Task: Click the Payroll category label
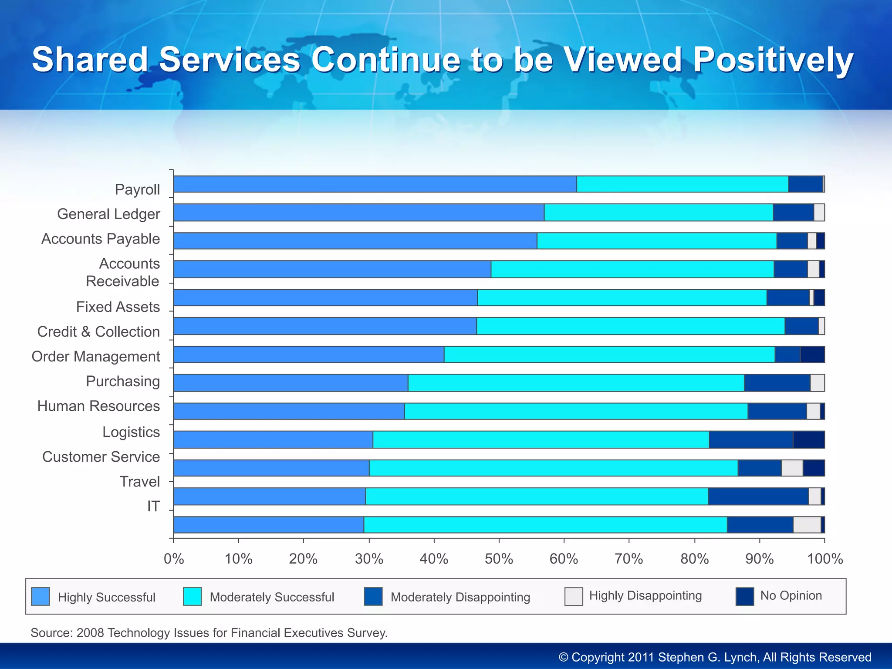137,189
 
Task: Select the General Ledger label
108,214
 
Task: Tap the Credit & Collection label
98,331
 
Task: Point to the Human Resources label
98,406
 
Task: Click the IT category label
153,506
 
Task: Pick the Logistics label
131,432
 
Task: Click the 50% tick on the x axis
499,559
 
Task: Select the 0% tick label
174,559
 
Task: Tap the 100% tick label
825,559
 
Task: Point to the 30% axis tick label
369,559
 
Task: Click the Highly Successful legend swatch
41,597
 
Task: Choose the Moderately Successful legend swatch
192,597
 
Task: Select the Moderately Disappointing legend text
460,597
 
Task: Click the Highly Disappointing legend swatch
574,597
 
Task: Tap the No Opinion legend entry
791,595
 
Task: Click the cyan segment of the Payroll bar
682,184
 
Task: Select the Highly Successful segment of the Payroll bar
375,184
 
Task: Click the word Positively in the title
773,60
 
